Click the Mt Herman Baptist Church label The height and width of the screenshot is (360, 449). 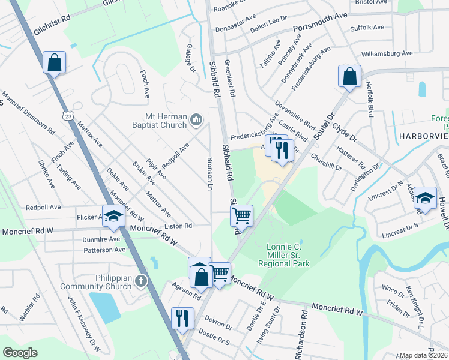click(x=158, y=121)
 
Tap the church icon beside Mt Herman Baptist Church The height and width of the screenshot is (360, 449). click(x=196, y=121)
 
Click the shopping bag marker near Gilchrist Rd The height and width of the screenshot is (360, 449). click(x=54, y=62)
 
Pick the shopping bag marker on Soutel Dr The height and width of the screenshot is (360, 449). click(x=349, y=76)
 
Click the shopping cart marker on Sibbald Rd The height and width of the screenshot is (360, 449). click(x=241, y=215)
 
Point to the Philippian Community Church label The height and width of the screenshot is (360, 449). click(x=96, y=281)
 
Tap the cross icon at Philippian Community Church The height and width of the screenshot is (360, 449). click(x=140, y=281)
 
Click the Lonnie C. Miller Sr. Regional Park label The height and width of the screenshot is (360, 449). click(x=284, y=254)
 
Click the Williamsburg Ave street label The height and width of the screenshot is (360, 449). click(x=387, y=53)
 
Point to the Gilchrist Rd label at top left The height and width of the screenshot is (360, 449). click(x=52, y=27)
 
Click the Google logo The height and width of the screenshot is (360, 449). click(x=20, y=353)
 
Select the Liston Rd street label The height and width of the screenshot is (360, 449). click(x=179, y=226)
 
